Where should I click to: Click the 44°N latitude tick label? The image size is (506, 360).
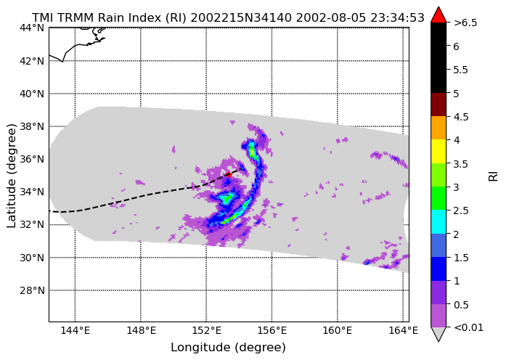tap(32, 28)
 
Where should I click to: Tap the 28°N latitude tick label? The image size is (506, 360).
tap(32, 290)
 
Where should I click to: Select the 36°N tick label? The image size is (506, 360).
tap(32, 160)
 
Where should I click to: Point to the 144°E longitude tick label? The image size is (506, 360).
tap(76, 331)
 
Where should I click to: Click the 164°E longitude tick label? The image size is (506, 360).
tap(403, 331)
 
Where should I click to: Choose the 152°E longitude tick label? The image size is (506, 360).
tap(206, 331)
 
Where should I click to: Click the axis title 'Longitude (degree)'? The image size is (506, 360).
tap(229, 348)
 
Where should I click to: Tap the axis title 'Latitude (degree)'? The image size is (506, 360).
tap(12, 176)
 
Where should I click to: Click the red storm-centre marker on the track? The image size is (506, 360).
tap(229, 174)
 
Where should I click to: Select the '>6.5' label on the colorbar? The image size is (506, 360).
tap(465, 23)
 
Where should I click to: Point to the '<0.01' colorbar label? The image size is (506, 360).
tap(468, 328)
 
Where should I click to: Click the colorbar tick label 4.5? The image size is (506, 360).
tap(461, 117)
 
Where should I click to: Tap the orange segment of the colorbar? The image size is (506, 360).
tap(438, 128)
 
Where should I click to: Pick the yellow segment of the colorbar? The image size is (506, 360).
tap(438, 152)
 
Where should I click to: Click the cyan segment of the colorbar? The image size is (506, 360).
tap(438, 222)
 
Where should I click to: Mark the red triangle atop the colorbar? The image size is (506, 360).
tap(438, 15)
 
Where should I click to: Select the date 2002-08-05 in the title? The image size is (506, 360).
tap(331, 17)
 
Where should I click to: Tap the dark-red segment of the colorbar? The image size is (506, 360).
tap(438, 105)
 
